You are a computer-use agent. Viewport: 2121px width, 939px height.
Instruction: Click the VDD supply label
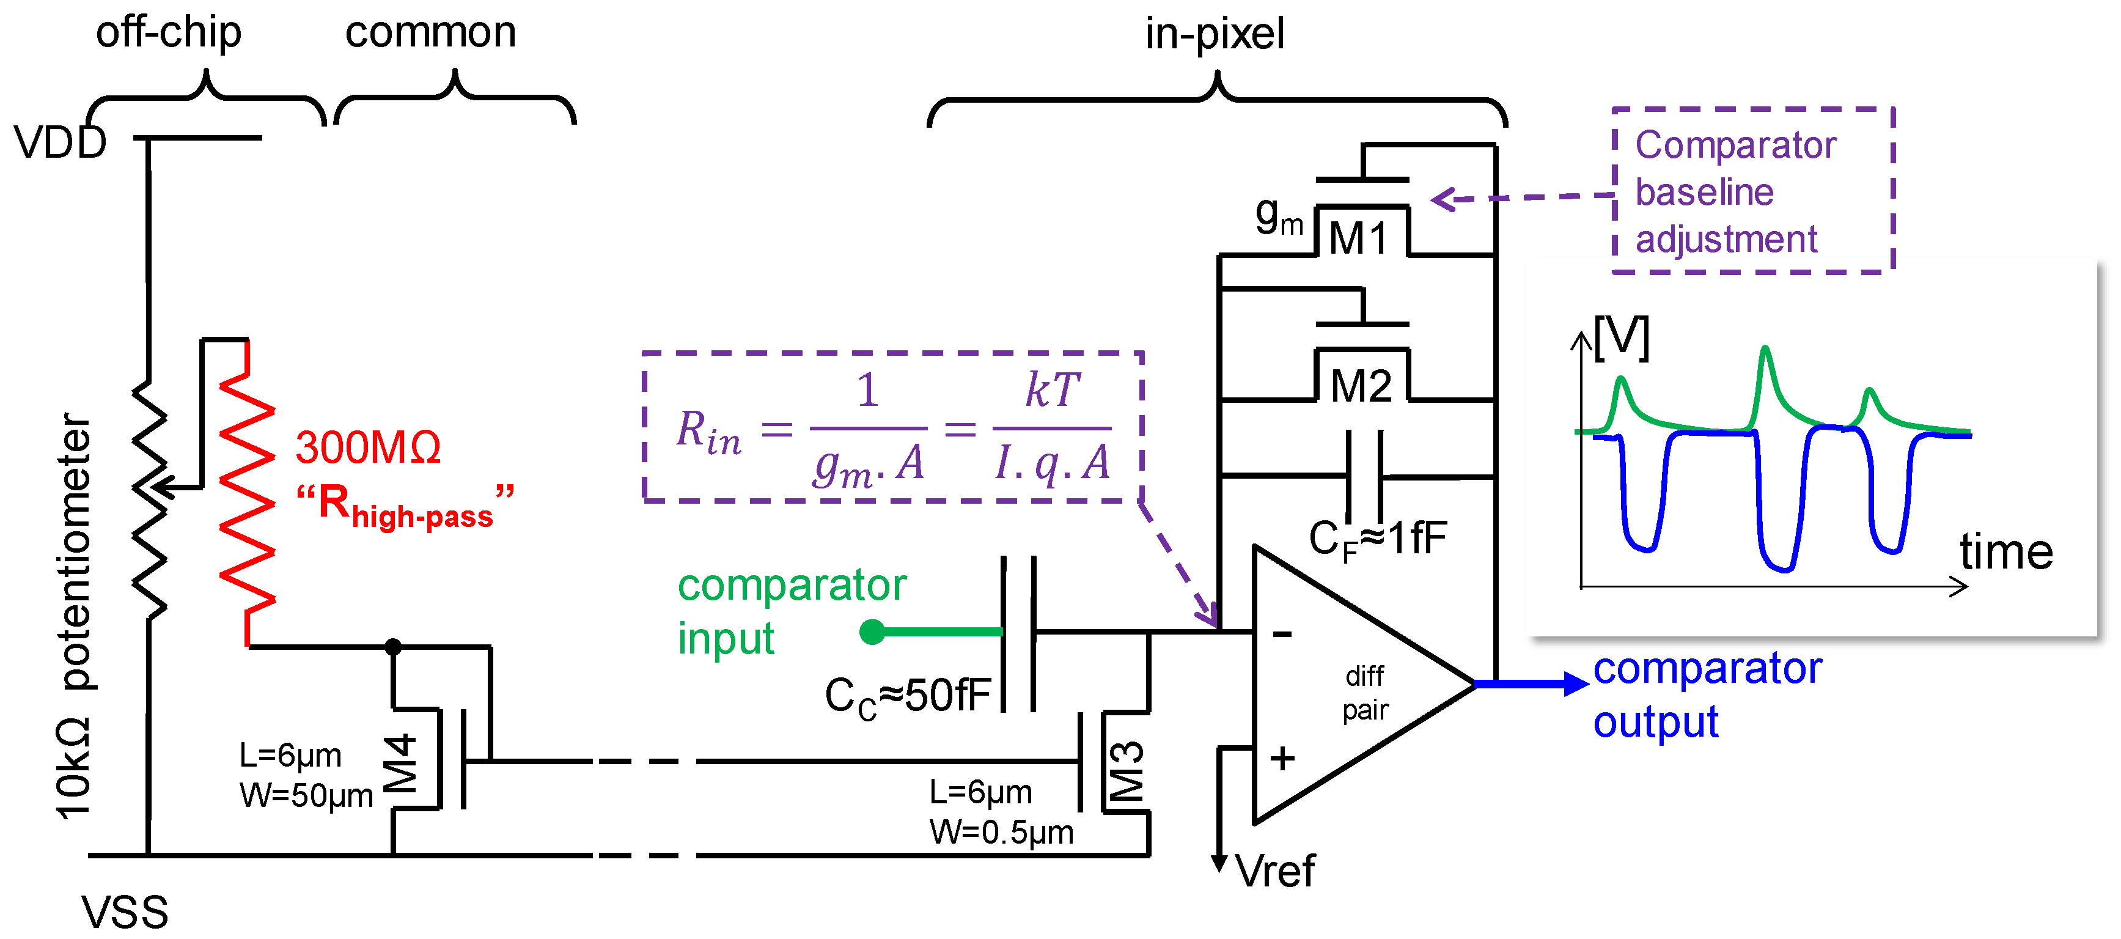pos(60,142)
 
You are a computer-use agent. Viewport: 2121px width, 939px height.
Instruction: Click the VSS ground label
pos(124,913)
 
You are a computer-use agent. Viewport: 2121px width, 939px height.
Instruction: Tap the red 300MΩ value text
pos(368,448)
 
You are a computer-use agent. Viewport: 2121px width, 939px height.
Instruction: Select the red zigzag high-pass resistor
pos(247,493)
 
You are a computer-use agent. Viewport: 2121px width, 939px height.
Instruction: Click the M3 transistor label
pos(1127,771)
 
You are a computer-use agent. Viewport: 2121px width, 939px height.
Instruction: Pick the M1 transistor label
pos(1359,239)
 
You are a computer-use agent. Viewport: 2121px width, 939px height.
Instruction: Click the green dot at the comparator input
pos(872,632)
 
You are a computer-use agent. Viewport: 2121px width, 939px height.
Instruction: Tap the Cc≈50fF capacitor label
pos(907,696)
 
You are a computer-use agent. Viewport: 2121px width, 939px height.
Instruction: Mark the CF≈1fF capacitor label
pos(1378,540)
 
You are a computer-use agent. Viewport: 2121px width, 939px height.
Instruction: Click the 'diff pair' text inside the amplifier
pos(1365,693)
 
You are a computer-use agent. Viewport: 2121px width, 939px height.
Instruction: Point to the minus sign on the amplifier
pos(1282,633)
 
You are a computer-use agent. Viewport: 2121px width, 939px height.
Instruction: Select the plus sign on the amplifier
pos(1282,758)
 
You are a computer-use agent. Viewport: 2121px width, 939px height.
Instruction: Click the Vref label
pos(1276,871)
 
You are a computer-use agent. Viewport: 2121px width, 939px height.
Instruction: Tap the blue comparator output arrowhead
pos(1575,683)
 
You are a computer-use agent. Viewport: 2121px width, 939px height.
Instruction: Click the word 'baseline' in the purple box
pos(1704,192)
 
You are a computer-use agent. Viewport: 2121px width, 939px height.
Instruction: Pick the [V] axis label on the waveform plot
pos(1621,337)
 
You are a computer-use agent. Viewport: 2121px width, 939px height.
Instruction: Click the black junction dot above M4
pos(394,647)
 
